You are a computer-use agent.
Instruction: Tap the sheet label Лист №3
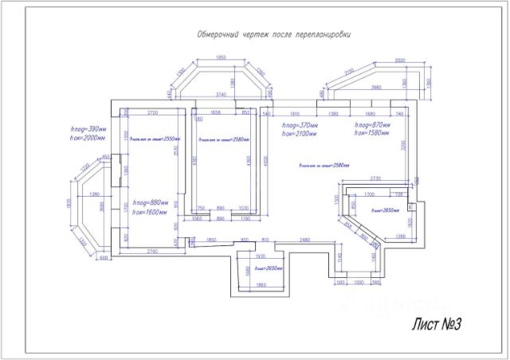click(437, 324)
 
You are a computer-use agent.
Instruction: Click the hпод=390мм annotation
click(89, 128)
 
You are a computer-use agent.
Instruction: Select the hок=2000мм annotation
click(89, 137)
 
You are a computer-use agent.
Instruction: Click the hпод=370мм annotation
click(300, 126)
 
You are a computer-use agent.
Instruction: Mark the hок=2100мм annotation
click(300, 135)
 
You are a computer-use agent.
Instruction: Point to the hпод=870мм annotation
click(371, 126)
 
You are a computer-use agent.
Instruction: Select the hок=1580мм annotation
click(371, 135)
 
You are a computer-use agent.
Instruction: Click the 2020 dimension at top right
click(400, 60)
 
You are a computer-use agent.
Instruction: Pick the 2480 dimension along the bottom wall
click(304, 240)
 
